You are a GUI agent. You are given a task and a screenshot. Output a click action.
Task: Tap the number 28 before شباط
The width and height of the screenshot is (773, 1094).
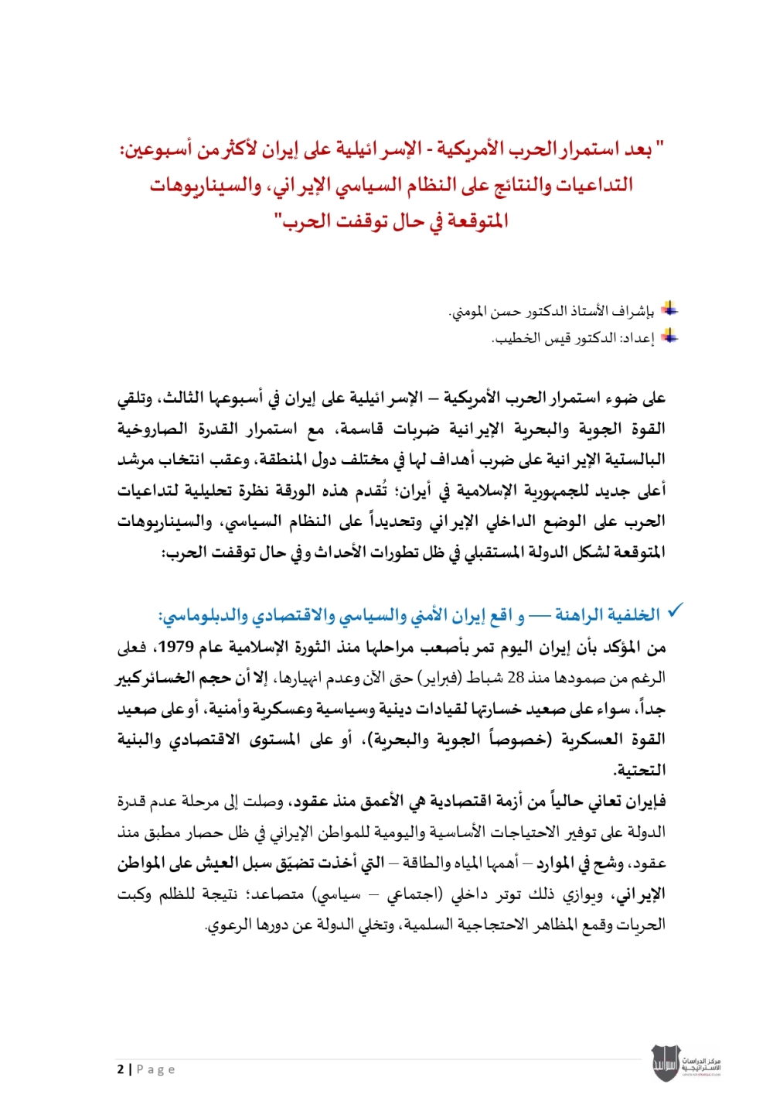coord(516,678)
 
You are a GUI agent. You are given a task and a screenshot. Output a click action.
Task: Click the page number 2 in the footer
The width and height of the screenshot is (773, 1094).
coord(121,1069)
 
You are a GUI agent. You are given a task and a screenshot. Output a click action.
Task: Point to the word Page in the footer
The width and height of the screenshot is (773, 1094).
coord(156,1069)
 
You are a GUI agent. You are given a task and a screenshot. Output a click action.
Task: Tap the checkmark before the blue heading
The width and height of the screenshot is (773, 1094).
coord(675,611)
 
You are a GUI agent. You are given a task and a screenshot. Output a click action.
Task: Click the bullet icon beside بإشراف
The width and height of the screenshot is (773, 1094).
coord(669,310)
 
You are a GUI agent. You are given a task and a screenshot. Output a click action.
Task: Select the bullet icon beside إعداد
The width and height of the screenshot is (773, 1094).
coord(669,337)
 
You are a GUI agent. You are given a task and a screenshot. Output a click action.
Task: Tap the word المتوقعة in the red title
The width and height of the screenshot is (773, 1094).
coord(474,221)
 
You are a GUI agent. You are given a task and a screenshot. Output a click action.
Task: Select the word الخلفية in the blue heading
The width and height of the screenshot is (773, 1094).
coord(633,615)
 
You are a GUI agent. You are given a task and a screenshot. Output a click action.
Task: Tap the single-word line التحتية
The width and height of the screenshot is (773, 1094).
coord(639,770)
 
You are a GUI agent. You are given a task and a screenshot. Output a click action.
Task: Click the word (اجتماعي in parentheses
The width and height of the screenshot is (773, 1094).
coord(414,894)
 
